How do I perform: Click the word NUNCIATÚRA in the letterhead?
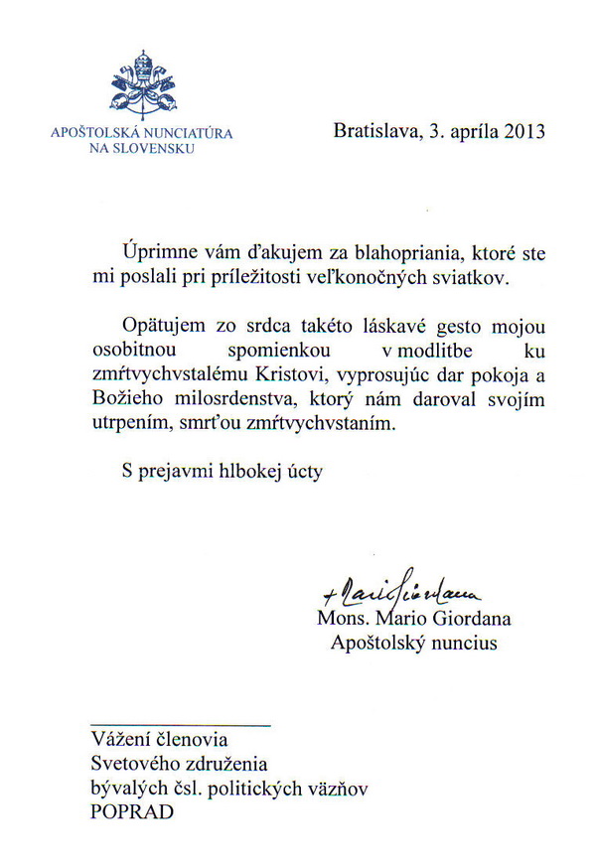point(189,133)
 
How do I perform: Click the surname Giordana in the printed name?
point(469,620)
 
